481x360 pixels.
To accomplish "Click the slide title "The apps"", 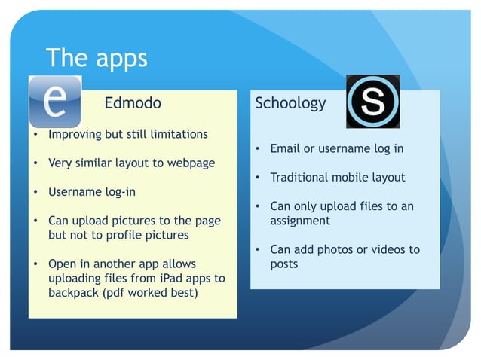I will pyautogui.click(x=97, y=58).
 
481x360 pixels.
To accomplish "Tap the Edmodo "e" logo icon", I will pyautogui.click(x=54, y=102).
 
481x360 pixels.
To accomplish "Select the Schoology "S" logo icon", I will pyautogui.click(x=372, y=102).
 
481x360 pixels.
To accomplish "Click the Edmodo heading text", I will pyautogui.click(x=133, y=103).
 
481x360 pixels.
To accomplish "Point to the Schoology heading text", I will pyautogui.click(x=290, y=103).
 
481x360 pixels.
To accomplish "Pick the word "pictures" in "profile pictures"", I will pyautogui.click(x=166, y=234).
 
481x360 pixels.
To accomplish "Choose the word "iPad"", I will pyautogui.click(x=164, y=278).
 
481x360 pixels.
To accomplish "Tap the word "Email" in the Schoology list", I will pyautogui.click(x=285, y=148).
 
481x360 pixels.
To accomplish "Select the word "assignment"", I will pyautogui.click(x=300, y=221).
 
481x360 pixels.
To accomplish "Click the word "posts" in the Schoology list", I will pyautogui.click(x=284, y=264).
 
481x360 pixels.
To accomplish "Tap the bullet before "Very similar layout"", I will pyautogui.click(x=35, y=163).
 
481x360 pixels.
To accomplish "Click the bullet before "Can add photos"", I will pyautogui.click(x=257, y=249).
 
